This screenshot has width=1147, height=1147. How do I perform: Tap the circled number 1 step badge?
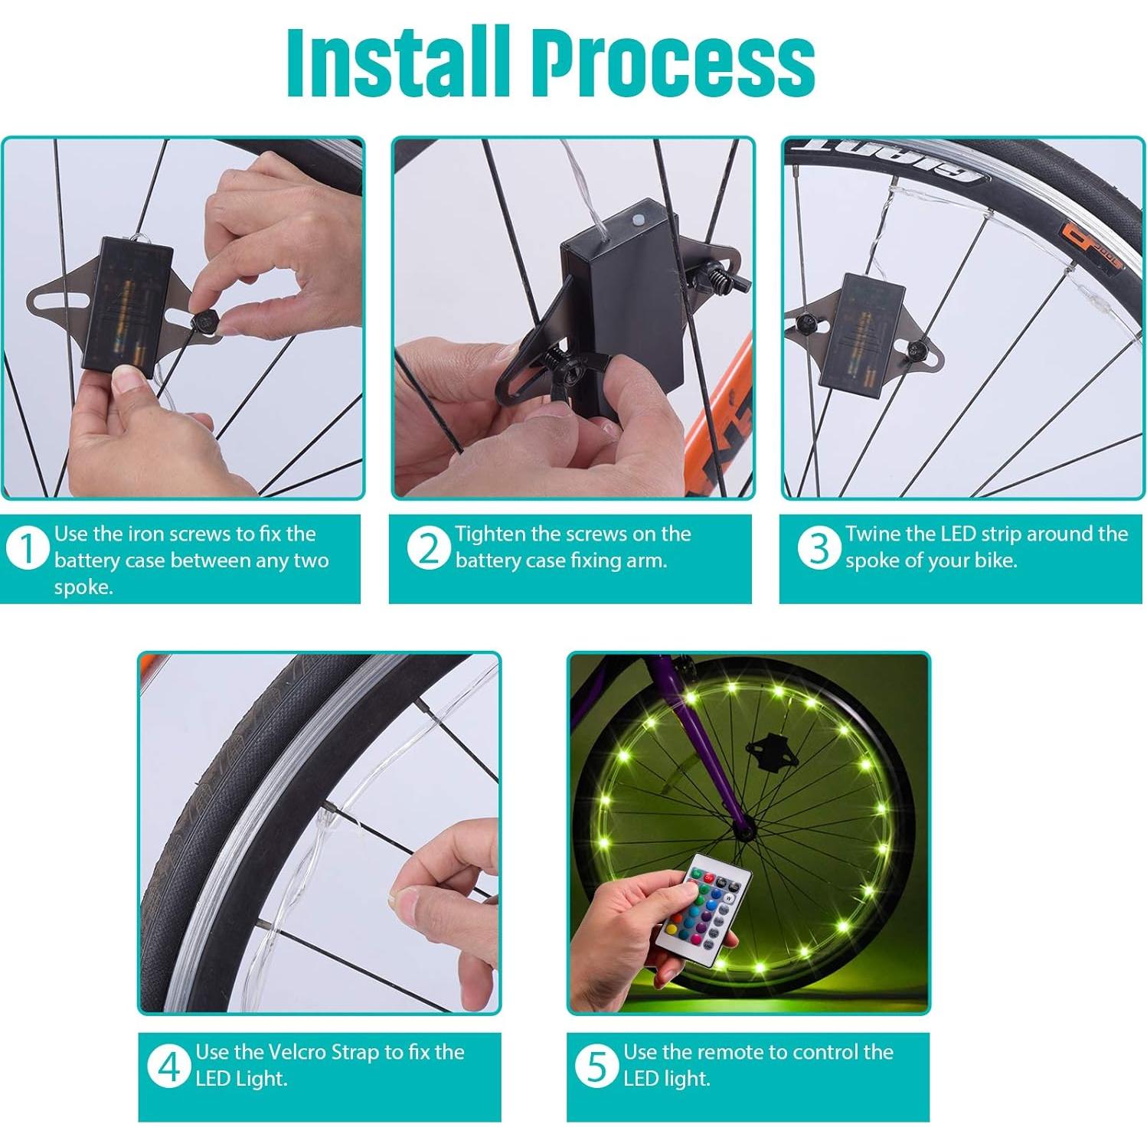coord(27,549)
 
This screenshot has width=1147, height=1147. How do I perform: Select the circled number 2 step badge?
coord(428,549)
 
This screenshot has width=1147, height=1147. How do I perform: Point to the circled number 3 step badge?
coord(819,549)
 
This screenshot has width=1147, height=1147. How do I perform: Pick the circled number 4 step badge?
coord(168,1067)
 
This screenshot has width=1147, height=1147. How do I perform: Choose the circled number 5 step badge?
coord(596,1067)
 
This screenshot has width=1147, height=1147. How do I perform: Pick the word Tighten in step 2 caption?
coord(491,534)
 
